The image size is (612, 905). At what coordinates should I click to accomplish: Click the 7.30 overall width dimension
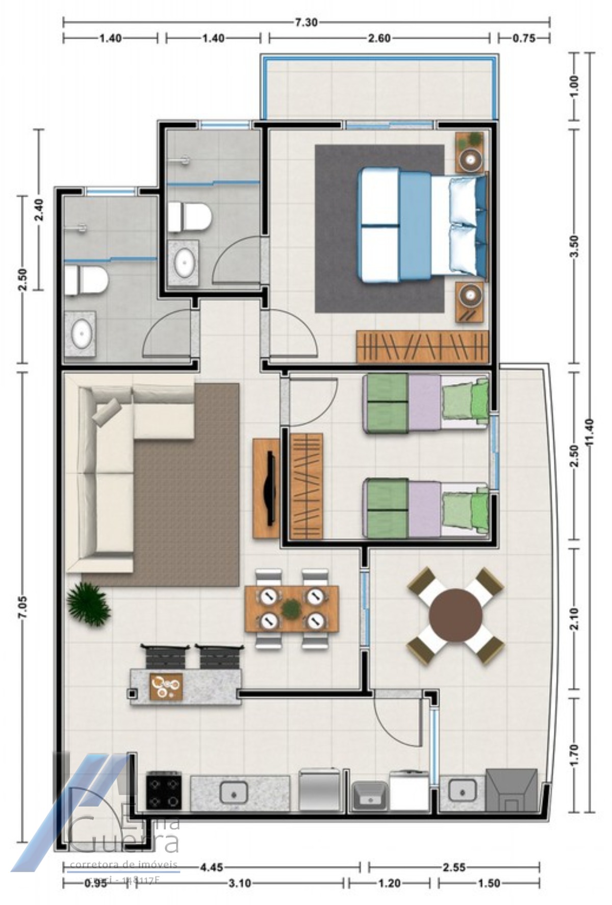click(306, 22)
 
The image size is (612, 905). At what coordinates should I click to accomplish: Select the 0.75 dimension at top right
click(524, 38)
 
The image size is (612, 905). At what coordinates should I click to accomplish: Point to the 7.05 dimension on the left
click(22, 607)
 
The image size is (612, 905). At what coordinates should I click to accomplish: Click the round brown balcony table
click(455, 616)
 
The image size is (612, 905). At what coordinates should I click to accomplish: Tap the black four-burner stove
click(164, 791)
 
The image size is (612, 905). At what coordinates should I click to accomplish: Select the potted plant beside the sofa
click(88, 605)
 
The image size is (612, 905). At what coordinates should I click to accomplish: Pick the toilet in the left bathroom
click(86, 281)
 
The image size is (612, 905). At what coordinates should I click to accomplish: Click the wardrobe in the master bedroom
click(422, 347)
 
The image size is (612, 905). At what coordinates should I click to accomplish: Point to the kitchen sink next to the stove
click(234, 793)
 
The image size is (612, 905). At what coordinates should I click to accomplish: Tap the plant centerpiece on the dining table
click(291, 608)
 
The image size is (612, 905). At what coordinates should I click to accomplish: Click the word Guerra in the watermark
click(125, 842)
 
